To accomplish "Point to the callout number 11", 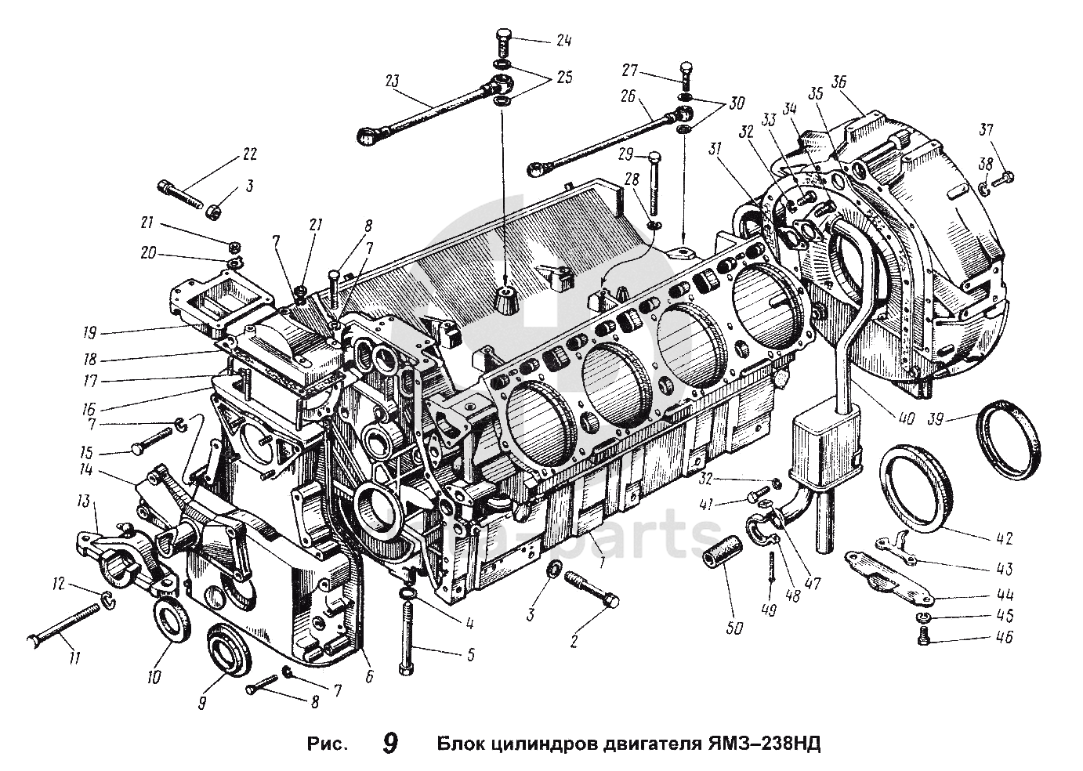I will point(74,658).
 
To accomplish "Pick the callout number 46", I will point(1005,638).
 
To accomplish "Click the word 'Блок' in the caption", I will point(461,742).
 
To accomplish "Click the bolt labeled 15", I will point(154,441).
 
